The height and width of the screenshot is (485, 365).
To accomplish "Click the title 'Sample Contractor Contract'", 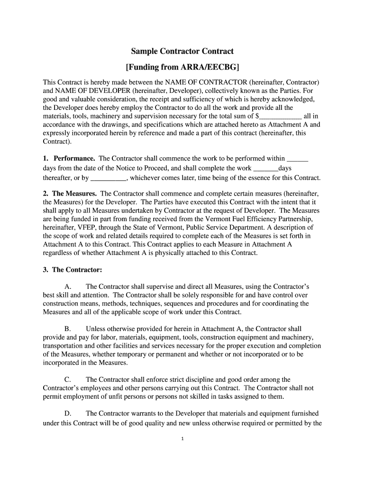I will coord(182,51).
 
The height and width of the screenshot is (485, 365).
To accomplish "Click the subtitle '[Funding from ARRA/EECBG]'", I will coord(182,67).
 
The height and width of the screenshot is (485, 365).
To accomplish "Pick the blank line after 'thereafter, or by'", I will coord(108,179).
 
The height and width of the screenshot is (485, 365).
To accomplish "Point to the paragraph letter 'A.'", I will coord(68,287).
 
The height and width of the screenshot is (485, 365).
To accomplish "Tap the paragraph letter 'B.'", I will coord(68,329).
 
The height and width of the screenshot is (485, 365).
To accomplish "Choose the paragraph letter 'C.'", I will coord(68,379).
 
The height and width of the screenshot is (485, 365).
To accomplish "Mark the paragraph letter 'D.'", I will coord(68,413).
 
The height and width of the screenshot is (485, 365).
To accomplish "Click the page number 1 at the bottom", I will coord(182,439).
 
